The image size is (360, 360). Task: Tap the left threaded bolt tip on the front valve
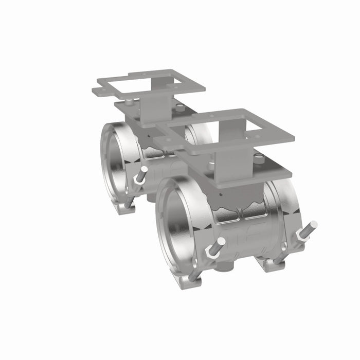pos(221,242)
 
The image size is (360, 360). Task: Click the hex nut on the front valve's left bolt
pos(211,251)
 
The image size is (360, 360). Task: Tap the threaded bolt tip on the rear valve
pos(144,169)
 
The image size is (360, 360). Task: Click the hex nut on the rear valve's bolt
pos(138,177)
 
